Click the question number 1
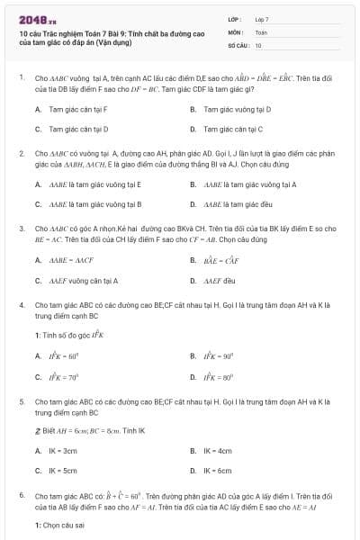click(x=21, y=77)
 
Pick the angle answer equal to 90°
click(x=219, y=355)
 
